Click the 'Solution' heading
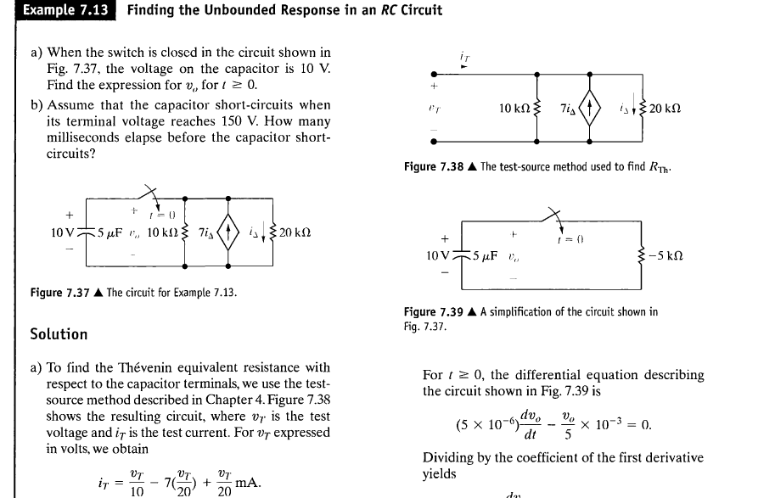click(59, 334)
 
